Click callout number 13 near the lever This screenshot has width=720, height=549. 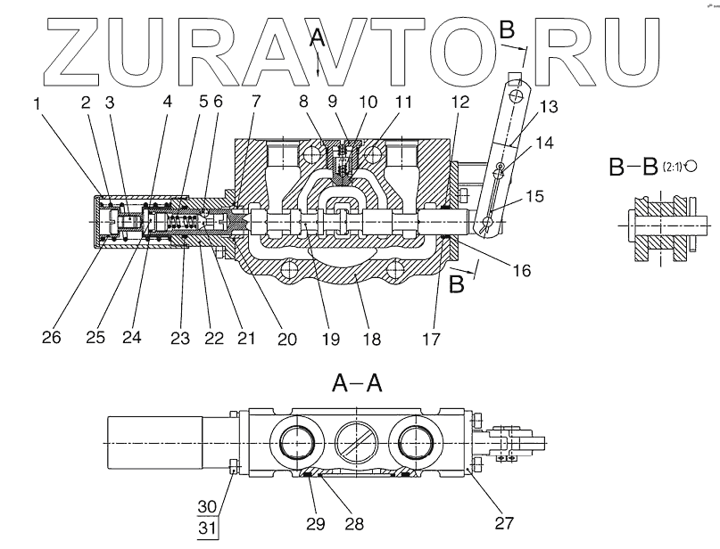(549, 106)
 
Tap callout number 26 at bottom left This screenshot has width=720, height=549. (52, 337)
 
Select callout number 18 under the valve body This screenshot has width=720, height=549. (371, 339)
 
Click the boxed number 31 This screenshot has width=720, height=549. (207, 529)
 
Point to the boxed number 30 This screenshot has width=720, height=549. (207, 507)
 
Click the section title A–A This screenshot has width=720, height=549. (357, 383)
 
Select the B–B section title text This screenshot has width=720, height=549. (633, 167)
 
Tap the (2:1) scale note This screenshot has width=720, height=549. (673, 167)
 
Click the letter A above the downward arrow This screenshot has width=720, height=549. (317, 39)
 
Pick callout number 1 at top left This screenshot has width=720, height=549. (37, 103)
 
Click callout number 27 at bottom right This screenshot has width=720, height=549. (504, 522)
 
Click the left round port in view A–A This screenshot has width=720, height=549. (296, 442)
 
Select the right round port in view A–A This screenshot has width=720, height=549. (417, 442)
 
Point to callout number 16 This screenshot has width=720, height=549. (522, 271)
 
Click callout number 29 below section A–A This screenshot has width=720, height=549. (316, 523)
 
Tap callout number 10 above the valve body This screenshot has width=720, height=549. (368, 102)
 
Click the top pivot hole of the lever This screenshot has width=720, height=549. (517, 96)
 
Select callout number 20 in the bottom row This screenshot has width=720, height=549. (287, 339)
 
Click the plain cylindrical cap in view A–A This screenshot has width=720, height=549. (154, 443)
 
